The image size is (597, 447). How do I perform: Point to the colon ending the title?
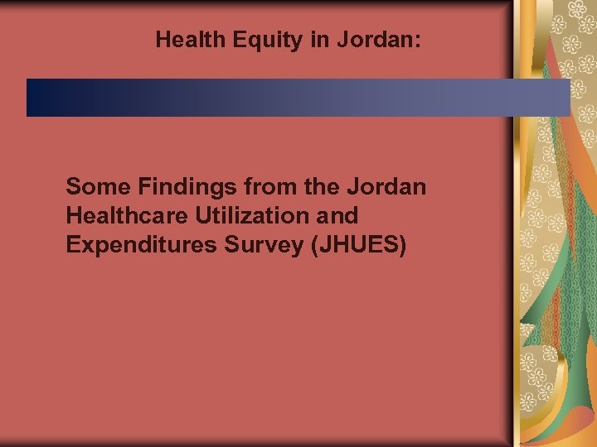click(418, 41)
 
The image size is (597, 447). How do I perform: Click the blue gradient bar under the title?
click(298, 98)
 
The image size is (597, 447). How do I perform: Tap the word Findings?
click(172, 187)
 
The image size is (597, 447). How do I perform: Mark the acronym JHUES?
click(358, 246)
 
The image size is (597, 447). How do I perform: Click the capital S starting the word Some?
click(73, 186)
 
